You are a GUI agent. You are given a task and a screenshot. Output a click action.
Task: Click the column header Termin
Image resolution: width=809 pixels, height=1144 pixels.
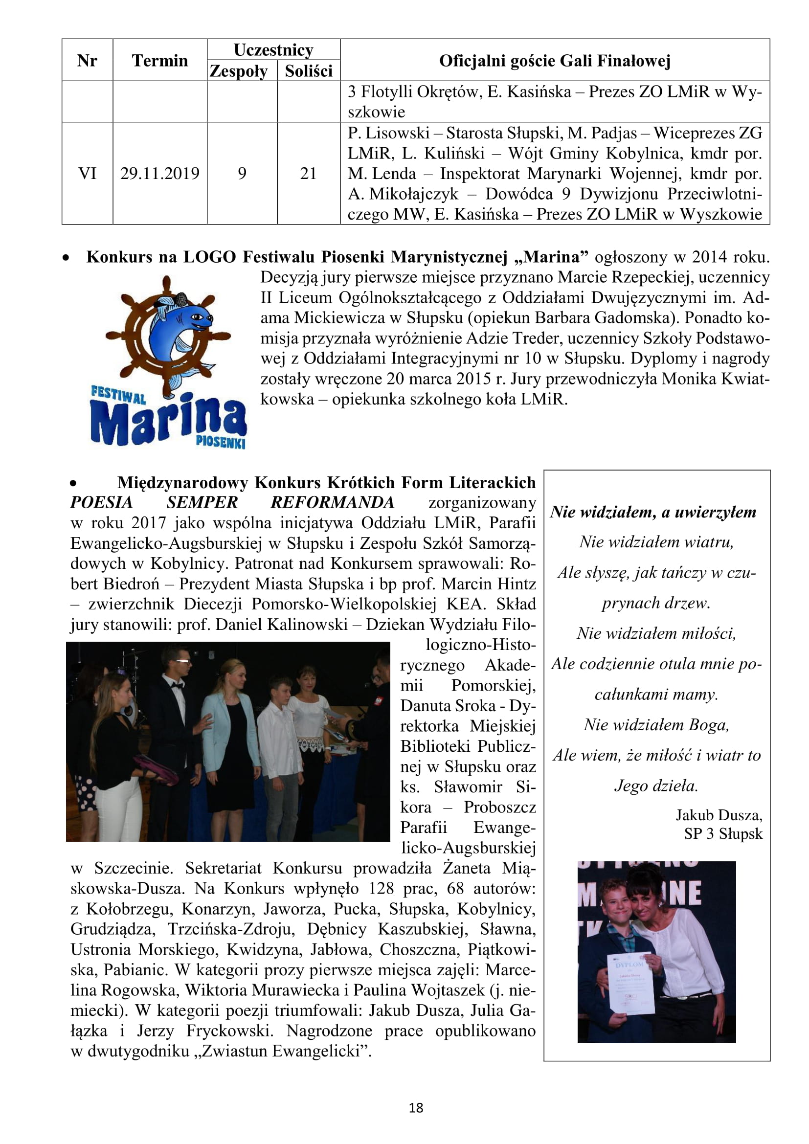coord(159,60)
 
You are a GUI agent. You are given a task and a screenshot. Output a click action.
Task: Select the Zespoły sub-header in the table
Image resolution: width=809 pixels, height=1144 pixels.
coord(239,71)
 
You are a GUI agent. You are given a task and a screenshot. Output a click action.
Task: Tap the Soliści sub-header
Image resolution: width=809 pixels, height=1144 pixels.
coord(308,71)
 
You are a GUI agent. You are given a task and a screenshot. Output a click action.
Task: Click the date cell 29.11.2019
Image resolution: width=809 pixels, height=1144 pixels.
coord(159,174)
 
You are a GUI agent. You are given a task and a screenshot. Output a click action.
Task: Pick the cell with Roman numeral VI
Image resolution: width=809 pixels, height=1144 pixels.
coord(87,174)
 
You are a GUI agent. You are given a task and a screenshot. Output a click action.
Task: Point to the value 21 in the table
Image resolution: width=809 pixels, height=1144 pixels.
coord(308,174)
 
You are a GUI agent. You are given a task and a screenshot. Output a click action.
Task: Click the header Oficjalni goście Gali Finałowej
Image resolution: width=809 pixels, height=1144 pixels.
coord(555,60)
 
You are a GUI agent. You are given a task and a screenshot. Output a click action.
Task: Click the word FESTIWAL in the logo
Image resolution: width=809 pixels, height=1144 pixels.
coord(118,394)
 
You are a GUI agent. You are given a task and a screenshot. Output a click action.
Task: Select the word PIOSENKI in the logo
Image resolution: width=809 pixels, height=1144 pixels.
coord(221,442)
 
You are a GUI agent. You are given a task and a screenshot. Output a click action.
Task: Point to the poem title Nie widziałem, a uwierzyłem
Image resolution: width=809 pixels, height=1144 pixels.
coord(653,512)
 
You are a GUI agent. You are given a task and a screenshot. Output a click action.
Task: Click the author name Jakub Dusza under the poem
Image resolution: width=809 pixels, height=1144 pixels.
coord(719,815)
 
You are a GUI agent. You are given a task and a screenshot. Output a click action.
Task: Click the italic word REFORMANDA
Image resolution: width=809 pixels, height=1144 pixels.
coord(332,502)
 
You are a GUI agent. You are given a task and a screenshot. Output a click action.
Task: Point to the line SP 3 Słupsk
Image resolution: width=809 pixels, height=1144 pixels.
coord(722,833)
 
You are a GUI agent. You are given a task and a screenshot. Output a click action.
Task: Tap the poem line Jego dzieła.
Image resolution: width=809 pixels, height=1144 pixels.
coord(655,786)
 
